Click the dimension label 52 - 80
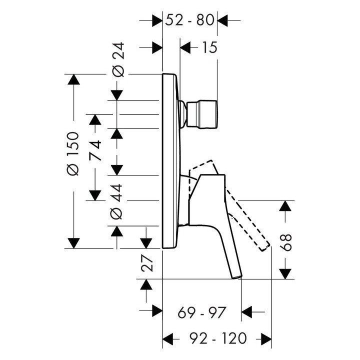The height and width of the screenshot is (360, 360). (189, 20)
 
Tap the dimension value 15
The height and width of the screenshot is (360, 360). (209, 48)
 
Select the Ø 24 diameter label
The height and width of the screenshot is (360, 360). (118, 59)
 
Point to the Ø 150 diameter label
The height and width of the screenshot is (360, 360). (73, 153)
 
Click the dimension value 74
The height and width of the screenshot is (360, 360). (95, 150)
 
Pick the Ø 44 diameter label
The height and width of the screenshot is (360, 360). (116, 201)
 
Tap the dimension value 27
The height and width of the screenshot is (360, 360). (147, 264)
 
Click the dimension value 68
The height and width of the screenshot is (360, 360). (285, 242)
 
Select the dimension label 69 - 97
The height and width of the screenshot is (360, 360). (202, 312)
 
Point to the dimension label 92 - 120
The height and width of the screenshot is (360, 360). (218, 338)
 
